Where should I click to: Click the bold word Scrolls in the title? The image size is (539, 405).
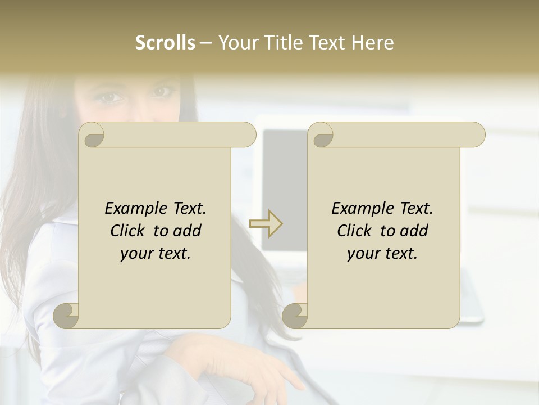(x=166, y=43)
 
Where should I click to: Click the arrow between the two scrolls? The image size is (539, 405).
(x=266, y=224)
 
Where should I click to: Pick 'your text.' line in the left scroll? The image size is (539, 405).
(x=156, y=254)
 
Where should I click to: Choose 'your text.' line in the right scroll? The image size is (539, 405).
(x=382, y=254)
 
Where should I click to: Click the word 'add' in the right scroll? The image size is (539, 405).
(x=414, y=231)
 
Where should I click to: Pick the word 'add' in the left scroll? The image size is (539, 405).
(x=188, y=231)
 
